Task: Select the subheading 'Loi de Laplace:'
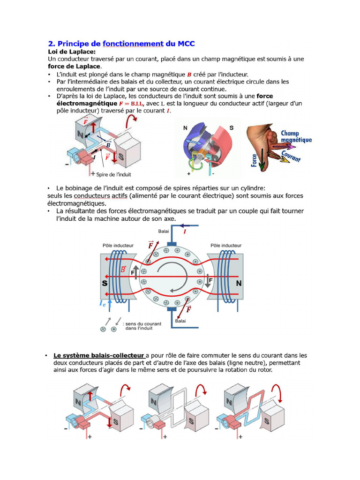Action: point(72,52)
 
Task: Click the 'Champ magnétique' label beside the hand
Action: point(296,136)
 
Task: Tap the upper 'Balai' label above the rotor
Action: point(164,231)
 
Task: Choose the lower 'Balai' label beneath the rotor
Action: point(180,321)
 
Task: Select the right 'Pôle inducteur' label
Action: point(226,245)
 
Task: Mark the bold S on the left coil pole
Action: point(105,284)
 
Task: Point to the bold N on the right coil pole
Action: point(238,284)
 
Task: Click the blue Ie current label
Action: point(102,304)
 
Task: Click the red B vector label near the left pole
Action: point(123,269)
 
